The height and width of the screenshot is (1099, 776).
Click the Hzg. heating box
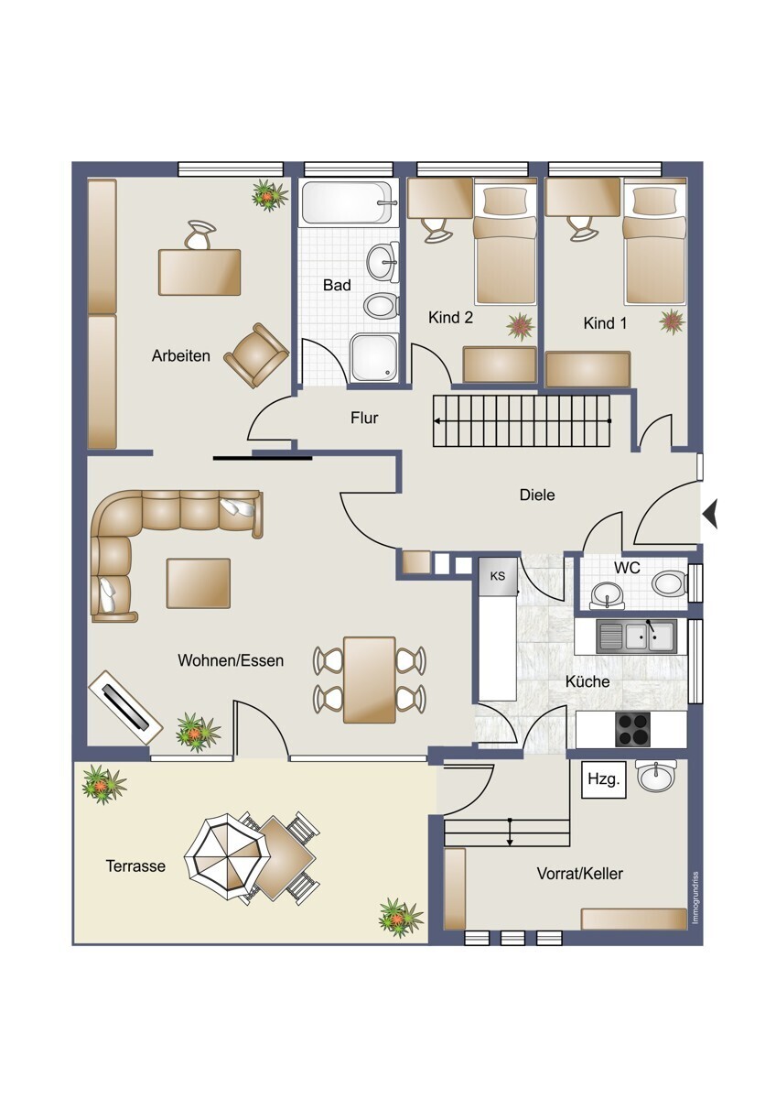[x=603, y=779]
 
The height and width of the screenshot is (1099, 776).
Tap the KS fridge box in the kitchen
[x=498, y=575]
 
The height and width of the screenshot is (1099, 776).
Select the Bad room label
[x=337, y=285]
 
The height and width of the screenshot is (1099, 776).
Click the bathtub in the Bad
[x=348, y=202]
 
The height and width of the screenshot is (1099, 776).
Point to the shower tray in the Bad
[x=373, y=358]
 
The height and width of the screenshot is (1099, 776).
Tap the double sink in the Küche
[x=636, y=636]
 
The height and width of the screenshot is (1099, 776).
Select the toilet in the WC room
[x=670, y=583]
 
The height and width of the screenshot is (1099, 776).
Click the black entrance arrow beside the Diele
[x=710, y=514]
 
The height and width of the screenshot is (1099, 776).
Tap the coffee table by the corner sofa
[x=198, y=583]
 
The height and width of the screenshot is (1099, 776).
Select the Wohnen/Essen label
[x=231, y=660]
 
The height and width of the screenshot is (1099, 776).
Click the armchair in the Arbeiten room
[x=256, y=354]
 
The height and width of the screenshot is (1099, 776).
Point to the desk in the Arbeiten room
[x=199, y=272]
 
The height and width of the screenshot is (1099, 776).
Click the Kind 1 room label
[x=605, y=323]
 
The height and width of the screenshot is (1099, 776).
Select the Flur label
[x=364, y=418]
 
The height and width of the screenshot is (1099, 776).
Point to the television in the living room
[x=125, y=706]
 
